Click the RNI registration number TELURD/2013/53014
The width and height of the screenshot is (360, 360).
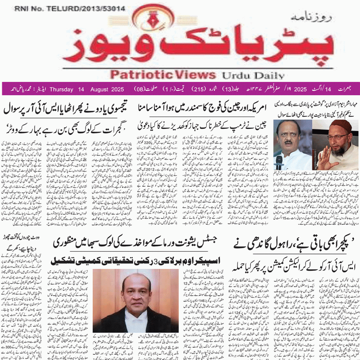(x=70, y=9)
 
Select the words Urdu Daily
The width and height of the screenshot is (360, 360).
(x=253, y=75)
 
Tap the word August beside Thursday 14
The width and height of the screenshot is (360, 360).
(x=99, y=89)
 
